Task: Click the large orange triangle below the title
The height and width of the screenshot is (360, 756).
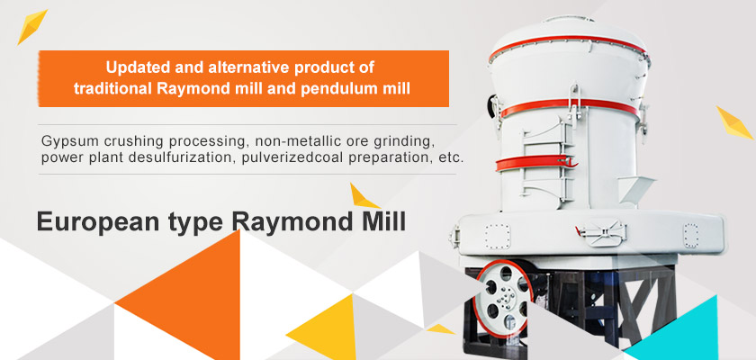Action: [192, 299]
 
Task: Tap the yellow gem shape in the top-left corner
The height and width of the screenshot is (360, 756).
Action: [31, 26]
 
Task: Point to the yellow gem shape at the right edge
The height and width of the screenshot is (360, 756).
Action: [733, 123]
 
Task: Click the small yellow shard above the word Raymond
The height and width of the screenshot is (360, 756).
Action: [364, 196]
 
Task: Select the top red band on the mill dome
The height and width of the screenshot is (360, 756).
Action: [568, 45]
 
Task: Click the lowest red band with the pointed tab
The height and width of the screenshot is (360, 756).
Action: [535, 163]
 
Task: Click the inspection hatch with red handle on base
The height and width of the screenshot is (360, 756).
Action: [601, 232]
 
